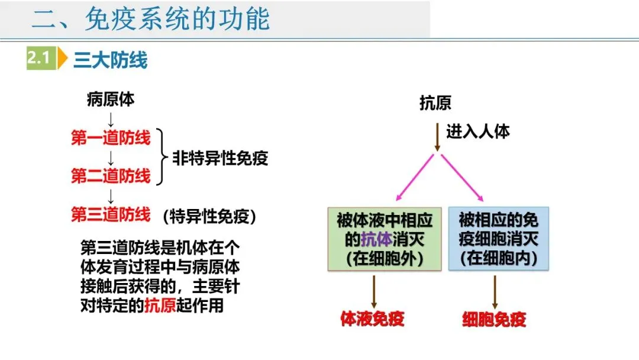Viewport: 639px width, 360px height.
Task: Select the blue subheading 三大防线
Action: pyautogui.click(x=110, y=60)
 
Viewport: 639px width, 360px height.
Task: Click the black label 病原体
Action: pyautogui.click(x=111, y=99)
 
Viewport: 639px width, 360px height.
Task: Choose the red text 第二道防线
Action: pyautogui.click(x=111, y=176)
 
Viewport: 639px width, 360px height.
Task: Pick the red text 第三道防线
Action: pyautogui.click(x=111, y=214)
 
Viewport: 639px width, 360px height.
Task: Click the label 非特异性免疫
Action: pyautogui.click(x=220, y=158)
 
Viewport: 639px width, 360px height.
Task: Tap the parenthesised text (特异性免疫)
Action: pyautogui.click(x=210, y=216)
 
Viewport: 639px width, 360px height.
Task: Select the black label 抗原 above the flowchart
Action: pyautogui.click(x=435, y=103)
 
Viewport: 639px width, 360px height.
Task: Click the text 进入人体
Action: pyautogui.click(x=477, y=131)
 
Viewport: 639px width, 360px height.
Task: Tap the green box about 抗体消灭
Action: pyautogui.click(x=385, y=239)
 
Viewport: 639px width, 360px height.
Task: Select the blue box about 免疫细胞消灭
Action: pyautogui.click(x=498, y=239)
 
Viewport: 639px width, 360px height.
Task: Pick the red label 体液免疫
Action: pyautogui.click(x=372, y=319)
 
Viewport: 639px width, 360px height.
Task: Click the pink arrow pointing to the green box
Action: pyautogui.click(x=415, y=178)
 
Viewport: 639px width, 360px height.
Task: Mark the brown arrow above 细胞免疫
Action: pyautogui.click(x=495, y=290)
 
